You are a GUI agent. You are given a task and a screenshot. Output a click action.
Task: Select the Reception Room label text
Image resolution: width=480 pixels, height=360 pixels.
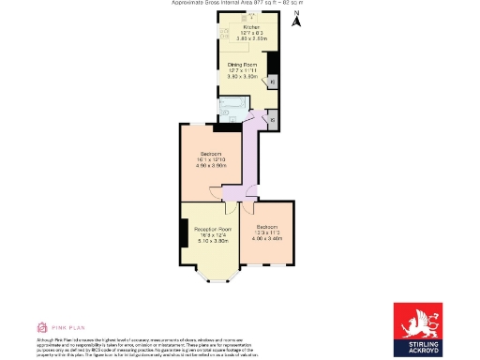(x=212, y=229)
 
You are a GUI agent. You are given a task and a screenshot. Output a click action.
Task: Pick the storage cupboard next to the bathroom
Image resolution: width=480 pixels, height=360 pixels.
(x=272, y=119)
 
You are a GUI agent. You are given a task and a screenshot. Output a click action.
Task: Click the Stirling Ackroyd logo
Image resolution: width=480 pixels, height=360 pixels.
(x=416, y=330)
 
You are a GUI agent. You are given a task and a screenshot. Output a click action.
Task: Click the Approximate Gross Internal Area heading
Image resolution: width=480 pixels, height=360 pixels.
(x=239, y=3)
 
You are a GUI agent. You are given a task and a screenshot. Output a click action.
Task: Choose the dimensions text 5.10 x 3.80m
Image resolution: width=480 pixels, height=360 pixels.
(x=212, y=242)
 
